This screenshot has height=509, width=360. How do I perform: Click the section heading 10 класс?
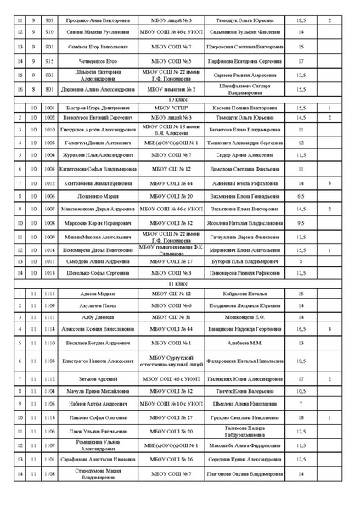click(x=178, y=98)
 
